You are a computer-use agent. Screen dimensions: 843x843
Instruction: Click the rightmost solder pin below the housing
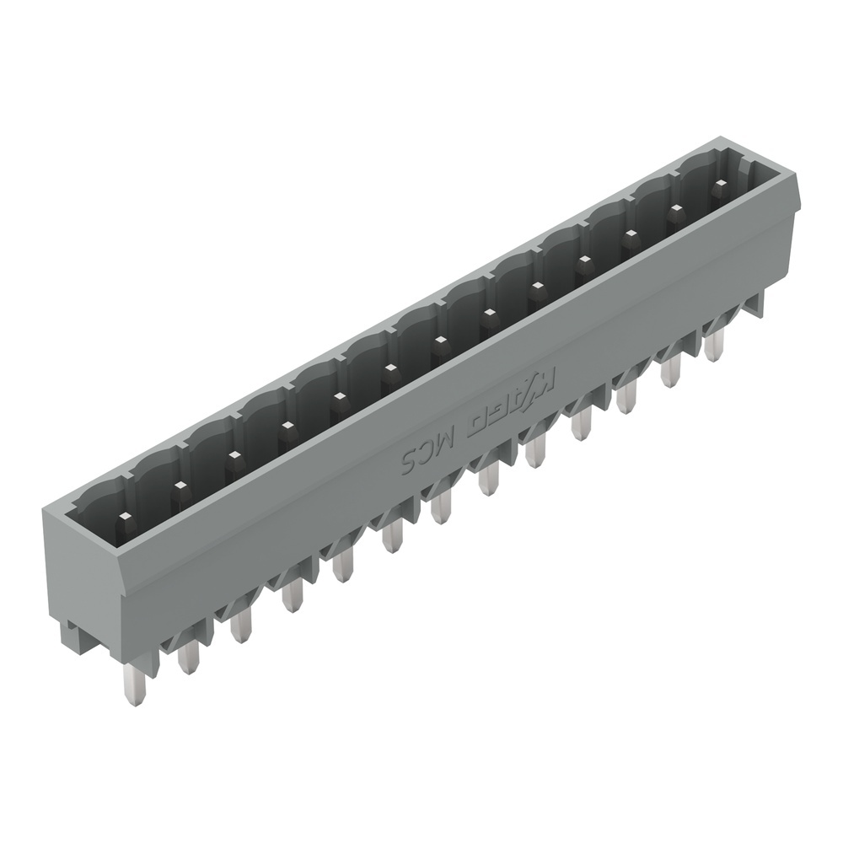[716, 341]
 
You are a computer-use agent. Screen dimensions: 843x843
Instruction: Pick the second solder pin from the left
[188, 654]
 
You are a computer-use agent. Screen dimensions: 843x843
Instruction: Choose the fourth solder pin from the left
[292, 594]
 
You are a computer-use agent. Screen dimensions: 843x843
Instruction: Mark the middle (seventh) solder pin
[442, 506]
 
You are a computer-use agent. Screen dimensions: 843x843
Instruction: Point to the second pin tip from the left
[179, 486]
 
